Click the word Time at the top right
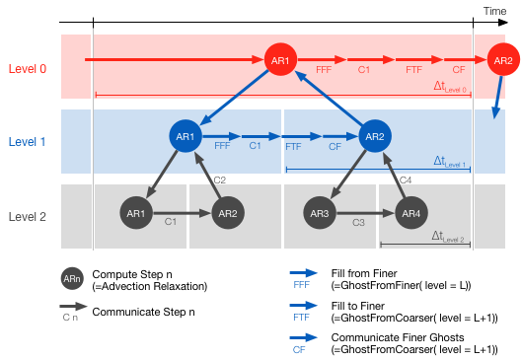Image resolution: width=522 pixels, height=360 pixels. [x=494, y=11]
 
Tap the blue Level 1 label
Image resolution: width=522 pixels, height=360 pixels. [x=28, y=142]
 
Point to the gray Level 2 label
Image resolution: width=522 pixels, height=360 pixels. [x=28, y=216]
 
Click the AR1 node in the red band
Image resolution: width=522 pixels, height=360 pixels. [x=280, y=61]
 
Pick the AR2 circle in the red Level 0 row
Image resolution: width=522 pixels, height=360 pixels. [x=502, y=61]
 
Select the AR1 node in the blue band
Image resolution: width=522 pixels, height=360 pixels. [x=185, y=136]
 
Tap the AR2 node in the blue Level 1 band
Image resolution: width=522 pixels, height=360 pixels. [x=374, y=136]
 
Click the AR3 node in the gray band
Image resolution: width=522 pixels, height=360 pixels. [x=319, y=213]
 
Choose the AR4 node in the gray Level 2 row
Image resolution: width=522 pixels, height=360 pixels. [x=411, y=213]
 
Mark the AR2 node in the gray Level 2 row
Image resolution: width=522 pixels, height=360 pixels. [x=227, y=213]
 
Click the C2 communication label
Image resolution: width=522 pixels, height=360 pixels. [x=219, y=180]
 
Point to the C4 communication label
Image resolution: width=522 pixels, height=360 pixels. [x=406, y=180]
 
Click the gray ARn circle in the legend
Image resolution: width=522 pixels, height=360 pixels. [x=72, y=280]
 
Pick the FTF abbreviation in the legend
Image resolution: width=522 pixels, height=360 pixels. [x=301, y=318]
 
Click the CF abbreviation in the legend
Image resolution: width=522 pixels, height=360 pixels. [x=298, y=349]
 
